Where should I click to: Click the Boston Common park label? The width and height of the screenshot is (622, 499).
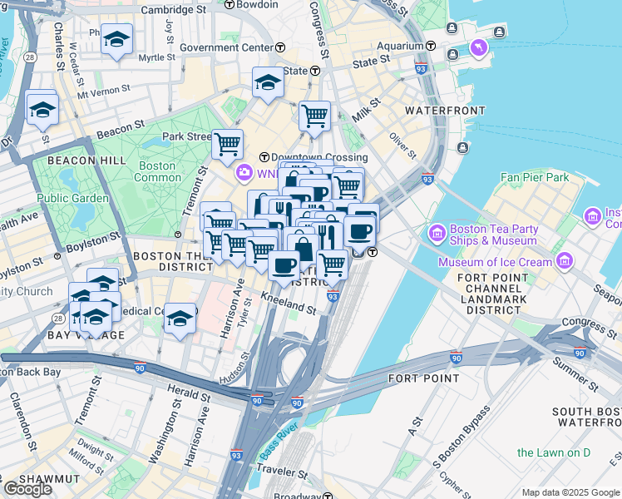point(157,171)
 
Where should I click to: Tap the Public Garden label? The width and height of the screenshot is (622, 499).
point(72,199)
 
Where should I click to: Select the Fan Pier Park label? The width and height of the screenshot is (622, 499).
point(534,177)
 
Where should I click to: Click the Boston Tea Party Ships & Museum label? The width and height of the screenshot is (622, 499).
point(494,235)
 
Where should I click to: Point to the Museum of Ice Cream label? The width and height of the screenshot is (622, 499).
point(496,263)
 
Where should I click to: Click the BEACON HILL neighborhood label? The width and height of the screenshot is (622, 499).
point(86,160)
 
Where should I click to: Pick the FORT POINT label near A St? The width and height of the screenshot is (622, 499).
point(423,378)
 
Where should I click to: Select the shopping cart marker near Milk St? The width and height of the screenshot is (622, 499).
point(314,116)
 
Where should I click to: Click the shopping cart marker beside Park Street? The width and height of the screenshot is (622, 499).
point(227,143)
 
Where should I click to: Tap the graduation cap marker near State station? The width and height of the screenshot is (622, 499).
point(268,82)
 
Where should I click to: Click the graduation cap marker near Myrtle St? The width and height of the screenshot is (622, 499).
point(116,38)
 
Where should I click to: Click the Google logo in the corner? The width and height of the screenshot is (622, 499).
point(27,489)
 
